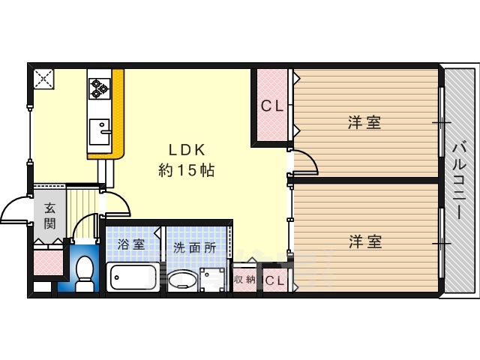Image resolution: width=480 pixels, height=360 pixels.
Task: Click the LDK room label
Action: [187, 150]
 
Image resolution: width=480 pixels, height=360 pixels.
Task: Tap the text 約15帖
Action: [186, 170]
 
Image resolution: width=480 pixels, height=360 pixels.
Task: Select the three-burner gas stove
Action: [100, 88]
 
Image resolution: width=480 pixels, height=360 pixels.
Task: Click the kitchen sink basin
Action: [100, 132]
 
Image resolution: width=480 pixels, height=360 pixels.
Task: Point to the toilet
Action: [84, 273]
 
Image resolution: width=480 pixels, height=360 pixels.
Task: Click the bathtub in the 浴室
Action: [133, 277]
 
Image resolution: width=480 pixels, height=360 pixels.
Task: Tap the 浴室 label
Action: [131, 244]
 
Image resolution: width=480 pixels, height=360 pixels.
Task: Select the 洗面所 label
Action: [195, 247]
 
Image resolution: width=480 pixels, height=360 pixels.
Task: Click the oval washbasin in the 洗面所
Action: [183, 280]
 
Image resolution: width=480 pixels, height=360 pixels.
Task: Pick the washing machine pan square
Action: [212, 280]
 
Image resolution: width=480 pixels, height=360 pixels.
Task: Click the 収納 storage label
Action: [245, 279]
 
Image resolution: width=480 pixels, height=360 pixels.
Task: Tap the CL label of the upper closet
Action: [271, 106]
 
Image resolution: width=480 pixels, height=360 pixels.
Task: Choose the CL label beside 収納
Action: [274, 280]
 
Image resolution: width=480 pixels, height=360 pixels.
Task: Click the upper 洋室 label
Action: [364, 122]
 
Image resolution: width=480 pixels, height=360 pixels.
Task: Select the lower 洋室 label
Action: [365, 241]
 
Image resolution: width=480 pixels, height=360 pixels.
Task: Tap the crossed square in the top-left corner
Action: [43, 79]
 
